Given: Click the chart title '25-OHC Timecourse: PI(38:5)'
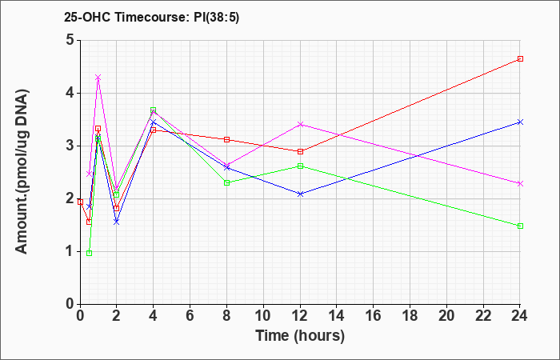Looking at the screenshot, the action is tap(151, 17).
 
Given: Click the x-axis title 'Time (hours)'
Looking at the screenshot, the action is tap(300, 336).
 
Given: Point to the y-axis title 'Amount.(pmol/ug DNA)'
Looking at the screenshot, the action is tap(22, 172).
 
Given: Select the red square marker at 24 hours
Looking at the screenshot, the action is tap(520, 59).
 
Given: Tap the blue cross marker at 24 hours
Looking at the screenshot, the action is tap(520, 122).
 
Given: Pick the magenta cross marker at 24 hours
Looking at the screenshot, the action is tap(520, 183).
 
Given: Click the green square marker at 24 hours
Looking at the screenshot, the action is tap(520, 226).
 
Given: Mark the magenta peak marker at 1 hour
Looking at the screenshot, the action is tap(98, 78).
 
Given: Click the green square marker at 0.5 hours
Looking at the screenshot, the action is tap(90, 254).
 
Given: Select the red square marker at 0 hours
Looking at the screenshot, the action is tap(80, 202).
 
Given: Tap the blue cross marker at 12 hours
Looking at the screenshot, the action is tap(300, 194).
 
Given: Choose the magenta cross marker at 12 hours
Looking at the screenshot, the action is tap(300, 124).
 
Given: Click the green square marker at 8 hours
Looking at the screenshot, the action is tap(226, 183).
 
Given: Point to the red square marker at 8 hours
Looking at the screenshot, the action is tap(226, 140).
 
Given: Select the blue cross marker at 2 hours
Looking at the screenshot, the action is tap(117, 222).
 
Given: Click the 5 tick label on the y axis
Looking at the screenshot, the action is tap(70, 40).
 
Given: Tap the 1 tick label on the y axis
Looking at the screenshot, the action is tap(70, 251).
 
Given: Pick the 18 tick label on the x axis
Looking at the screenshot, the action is tap(410, 316).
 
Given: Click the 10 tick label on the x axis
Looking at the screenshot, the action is tap(263, 316).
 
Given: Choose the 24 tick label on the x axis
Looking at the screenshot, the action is tap(520, 316).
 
